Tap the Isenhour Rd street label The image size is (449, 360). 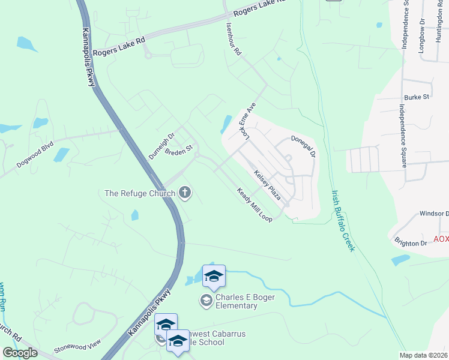tap(234, 40)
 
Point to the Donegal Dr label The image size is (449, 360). tap(303, 146)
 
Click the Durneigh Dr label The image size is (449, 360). tap(161, 145)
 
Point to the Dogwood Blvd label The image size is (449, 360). tap(35, 155)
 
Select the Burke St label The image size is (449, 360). tap(417, 96)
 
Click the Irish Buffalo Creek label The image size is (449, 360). tap(344, 221)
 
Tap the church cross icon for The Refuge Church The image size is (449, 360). tap(185, 193)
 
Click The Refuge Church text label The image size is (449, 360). tap(140, 193)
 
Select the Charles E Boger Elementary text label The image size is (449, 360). tap(237, 301)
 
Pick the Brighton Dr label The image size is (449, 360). tap(411, 243)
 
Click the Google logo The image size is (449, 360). tap(19, 353)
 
